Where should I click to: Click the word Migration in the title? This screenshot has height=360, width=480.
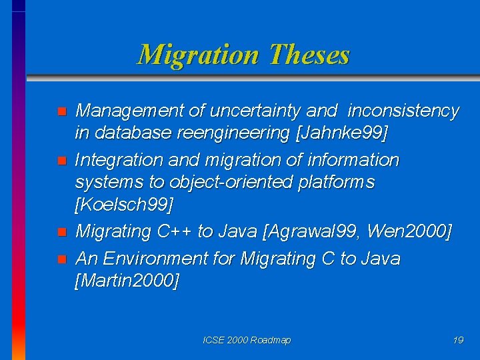click(197, 55)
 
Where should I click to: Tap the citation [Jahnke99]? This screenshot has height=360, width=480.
click(342, 133)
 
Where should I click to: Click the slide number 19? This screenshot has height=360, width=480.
click(458, 341)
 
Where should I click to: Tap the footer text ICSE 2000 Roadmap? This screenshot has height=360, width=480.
click(247, 341)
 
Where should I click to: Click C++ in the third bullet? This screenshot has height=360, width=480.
click(175, 231)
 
